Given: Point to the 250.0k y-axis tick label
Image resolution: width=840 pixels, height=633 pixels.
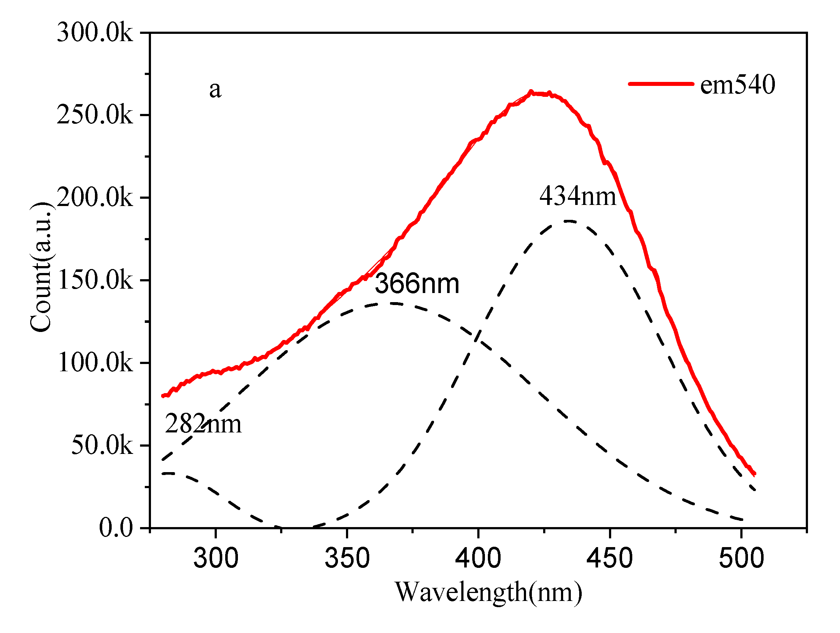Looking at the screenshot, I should [x=95, y=115].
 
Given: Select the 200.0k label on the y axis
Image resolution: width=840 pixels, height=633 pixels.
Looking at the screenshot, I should [x=95, y=198].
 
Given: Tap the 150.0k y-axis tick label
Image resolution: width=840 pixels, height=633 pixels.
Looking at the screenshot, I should [x=95, y=280].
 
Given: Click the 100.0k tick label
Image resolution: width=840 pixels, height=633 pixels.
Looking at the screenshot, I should [x=95, y=363].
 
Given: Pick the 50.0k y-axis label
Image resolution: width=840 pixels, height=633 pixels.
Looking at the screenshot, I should [x=102, y=445].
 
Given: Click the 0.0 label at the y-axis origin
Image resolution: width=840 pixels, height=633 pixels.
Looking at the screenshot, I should [x=116, y=528].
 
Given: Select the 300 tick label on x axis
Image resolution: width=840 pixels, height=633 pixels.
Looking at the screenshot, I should [x=216, y=558].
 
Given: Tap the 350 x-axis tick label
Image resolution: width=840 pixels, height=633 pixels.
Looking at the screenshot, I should [x=347, y=558].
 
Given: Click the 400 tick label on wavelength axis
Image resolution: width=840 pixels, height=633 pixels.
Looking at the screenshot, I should [x=478, y=558].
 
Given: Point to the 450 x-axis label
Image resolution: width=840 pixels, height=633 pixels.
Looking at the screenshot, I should [x=609, y=558].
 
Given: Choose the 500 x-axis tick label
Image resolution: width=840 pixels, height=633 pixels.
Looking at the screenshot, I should [x=741, y=558].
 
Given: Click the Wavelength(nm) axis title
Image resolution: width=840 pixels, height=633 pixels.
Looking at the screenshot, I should [x=488, y=593].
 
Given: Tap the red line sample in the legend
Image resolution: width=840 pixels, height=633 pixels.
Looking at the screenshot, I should [x=661, y=84].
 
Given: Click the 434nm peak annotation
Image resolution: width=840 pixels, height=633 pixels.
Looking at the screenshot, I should [x=578, y=197].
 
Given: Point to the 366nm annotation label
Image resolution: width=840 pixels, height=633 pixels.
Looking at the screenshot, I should [x=417, y=284].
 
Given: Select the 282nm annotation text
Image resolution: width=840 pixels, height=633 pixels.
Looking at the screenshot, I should [x=203, y=424].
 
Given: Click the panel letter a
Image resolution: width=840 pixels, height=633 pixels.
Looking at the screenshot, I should [x=215, y=90].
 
